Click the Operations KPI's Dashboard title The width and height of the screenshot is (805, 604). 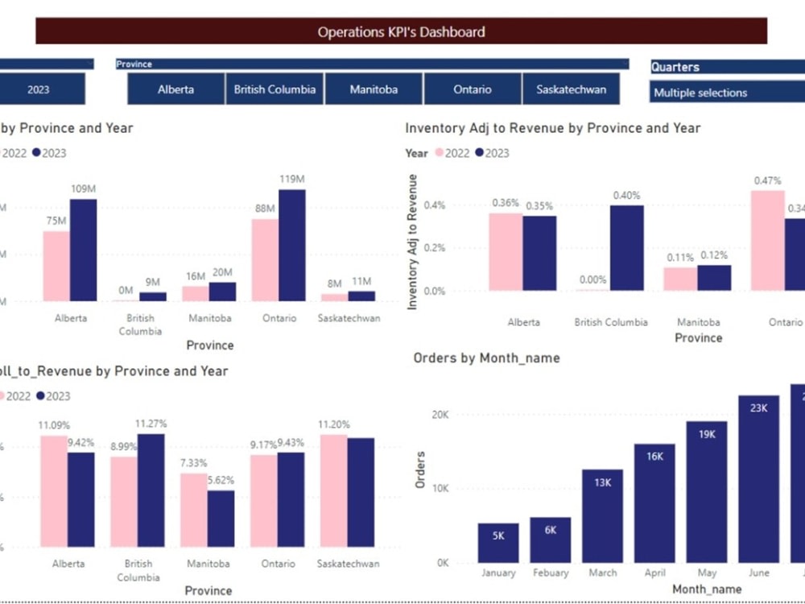tap(401, 32)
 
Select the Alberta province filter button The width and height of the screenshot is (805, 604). tap(175, 89)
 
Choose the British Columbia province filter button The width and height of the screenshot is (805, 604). tap(275, 89)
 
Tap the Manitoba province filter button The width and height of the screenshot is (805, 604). tap(374, 89)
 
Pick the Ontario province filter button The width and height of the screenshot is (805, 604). tap(473, 89)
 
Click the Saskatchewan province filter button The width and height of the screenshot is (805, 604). tap(571, 89)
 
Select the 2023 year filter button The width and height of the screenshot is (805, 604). tap(39, 89)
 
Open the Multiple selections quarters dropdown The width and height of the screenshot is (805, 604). tap(724, 93)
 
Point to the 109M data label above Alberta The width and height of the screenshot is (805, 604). tap(83, 188)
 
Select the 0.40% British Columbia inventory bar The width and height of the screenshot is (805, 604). tap(626, 248)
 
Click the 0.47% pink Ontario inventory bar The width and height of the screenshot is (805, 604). tap(767, 240)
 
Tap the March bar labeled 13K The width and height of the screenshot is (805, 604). tap(602, 515)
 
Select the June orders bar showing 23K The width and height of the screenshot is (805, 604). tap(758, 478)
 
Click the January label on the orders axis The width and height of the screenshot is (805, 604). tap(498, 573)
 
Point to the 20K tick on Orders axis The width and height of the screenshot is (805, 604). tap(440, 414)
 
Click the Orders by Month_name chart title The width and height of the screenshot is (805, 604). tap(486, 358)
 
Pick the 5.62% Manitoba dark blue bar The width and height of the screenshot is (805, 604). tap(221, 519)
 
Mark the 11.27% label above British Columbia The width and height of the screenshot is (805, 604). tap(151, 422)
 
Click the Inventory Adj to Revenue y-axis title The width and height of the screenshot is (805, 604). tap(413, 242)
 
